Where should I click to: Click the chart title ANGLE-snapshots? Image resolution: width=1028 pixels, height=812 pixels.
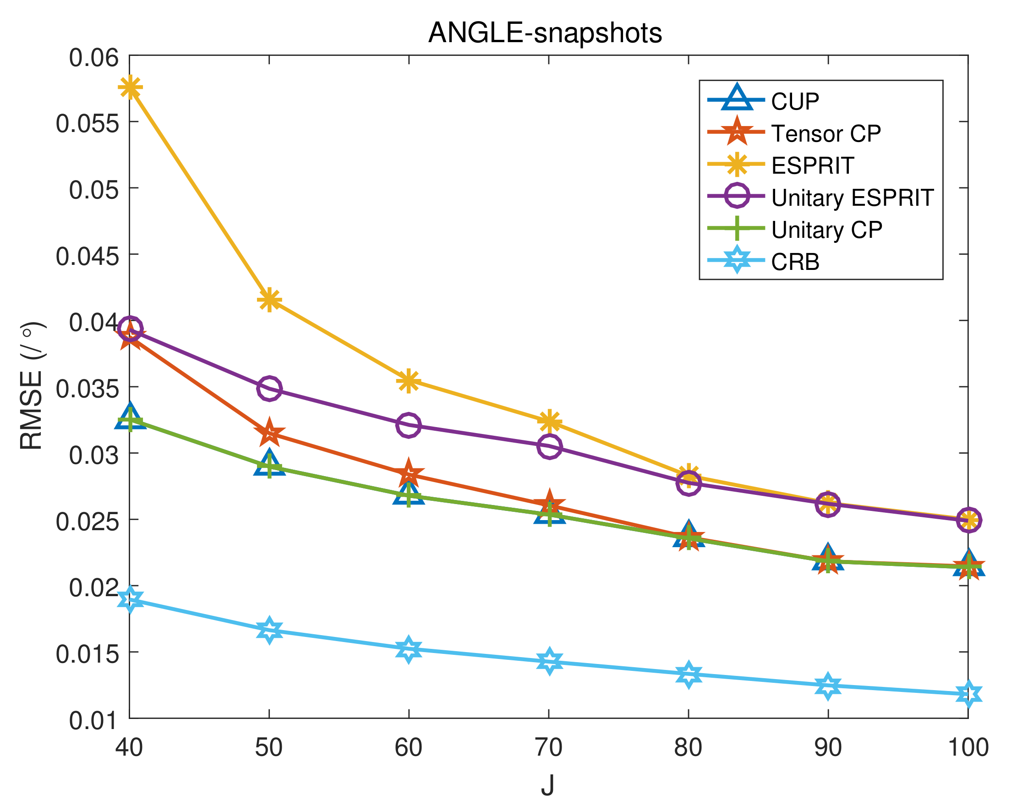tap(545, 33)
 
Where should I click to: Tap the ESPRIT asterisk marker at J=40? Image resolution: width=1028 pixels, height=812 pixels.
tap(130, 88)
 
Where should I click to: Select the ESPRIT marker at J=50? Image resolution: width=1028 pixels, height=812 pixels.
tap(269, 300)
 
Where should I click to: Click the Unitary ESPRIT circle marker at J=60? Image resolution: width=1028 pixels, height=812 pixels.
tap(408, 424)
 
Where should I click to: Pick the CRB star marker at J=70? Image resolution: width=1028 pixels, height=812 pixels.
tap(549, 661)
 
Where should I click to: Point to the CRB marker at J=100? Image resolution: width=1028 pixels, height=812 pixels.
tap(968, 694)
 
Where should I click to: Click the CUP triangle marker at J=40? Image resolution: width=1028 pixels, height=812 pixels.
tap(130, 417)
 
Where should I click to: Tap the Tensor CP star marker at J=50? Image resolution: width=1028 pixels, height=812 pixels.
tap(269, 433)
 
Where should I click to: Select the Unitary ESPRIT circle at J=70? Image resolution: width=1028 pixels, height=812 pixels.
tap(549, 446)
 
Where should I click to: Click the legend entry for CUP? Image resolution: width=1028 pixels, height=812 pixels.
tap(795, 101)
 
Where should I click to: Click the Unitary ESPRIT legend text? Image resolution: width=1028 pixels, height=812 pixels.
tap(852, 198)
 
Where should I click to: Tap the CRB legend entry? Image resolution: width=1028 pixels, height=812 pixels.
tap(795, 262)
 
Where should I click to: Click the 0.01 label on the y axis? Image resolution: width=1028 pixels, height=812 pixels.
tap(93, 721)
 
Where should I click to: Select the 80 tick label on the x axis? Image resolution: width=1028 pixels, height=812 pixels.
tap(688, 747)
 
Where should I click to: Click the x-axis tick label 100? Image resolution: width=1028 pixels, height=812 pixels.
tap(968, 747)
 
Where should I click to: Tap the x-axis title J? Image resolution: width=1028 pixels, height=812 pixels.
tap(547, 785)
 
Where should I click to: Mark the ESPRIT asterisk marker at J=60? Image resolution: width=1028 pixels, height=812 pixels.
tap(408, 381)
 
